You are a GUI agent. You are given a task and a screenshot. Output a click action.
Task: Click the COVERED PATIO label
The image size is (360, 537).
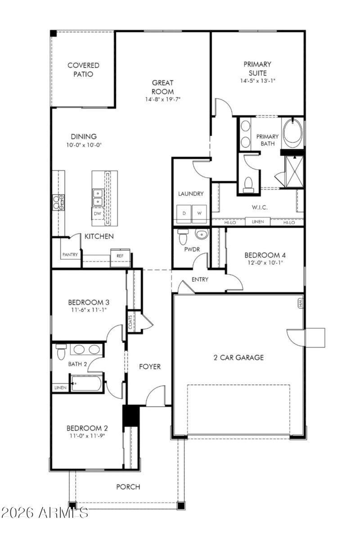83,70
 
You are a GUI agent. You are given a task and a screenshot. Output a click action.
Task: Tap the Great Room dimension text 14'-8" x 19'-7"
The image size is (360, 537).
162,99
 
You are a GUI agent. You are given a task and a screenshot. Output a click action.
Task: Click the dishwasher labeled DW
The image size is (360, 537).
98,214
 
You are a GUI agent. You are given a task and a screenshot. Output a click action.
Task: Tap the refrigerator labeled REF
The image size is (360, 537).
120,256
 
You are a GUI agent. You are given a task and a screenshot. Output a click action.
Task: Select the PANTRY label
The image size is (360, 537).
70,255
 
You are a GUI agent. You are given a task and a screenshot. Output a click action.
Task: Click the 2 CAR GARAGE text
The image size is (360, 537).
238,358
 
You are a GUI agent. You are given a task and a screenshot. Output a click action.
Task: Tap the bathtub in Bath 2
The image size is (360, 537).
87,383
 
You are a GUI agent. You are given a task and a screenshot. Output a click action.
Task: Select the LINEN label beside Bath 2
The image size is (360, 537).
60,388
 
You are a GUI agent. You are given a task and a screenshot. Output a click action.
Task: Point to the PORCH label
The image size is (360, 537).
128,487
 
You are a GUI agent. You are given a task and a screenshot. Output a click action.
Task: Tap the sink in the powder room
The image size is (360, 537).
201,235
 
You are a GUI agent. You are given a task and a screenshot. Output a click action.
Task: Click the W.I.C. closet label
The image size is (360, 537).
257,208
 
